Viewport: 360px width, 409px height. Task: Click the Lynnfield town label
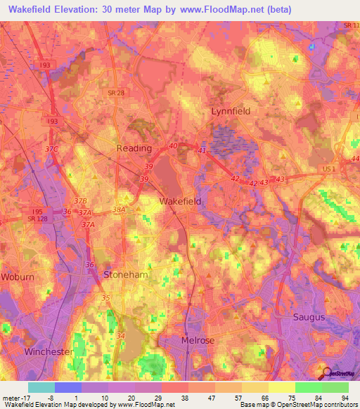[231, 111]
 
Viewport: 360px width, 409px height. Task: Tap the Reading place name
[134, 148]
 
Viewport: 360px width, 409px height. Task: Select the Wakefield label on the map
[180, 201]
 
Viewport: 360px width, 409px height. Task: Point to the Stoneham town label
[126, 275]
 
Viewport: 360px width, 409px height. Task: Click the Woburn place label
[17, 277]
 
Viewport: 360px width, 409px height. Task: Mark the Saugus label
[309, 317]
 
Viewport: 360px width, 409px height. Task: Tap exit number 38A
[119, 209]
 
